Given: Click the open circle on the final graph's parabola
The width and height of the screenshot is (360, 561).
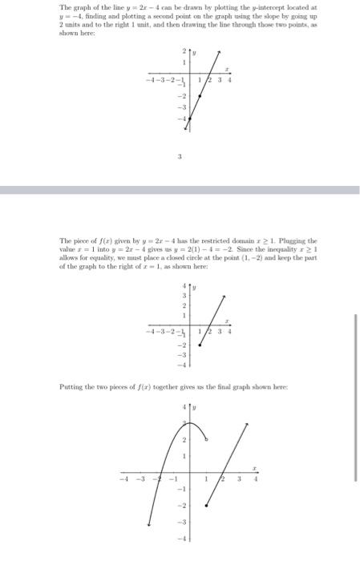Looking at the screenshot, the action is tap(208, 438).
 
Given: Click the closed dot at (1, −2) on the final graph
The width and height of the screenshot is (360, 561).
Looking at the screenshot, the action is tap(208, 506).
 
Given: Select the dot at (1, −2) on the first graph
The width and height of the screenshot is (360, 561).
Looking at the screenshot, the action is tap(199, 94).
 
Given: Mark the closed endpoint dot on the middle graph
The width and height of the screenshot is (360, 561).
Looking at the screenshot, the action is tap(199, 343).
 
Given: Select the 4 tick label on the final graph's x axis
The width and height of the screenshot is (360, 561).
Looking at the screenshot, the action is tap(255, 481).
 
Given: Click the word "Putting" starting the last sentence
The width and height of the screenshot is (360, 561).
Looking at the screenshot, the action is tap(73, 386).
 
